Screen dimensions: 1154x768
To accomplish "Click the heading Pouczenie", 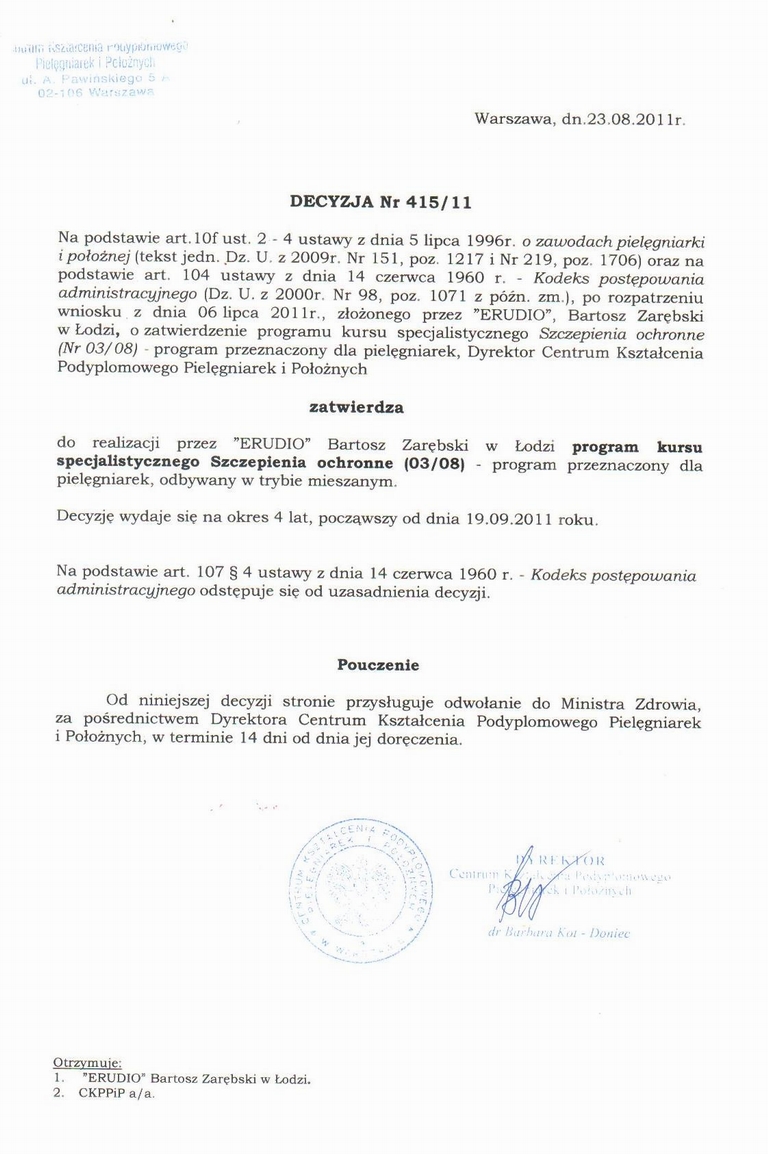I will [378, 665].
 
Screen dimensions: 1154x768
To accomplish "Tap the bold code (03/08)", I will [436, 465].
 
